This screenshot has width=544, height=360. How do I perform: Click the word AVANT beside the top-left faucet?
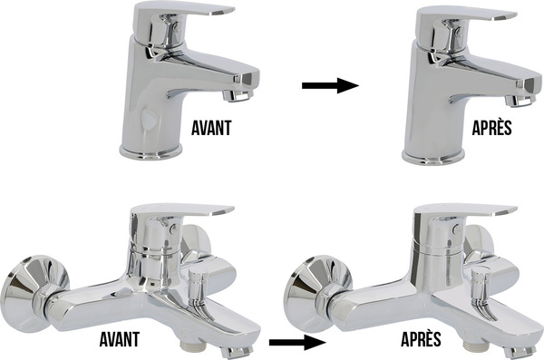211,128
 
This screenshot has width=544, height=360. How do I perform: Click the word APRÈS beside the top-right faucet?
492,128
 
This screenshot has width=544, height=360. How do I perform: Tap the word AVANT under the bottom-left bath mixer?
120,339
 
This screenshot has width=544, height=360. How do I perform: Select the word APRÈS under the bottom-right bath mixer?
421,338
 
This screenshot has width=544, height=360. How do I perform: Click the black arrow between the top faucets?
330,85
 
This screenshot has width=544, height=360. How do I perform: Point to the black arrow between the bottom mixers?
297,342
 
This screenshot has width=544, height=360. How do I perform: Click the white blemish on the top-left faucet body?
149,119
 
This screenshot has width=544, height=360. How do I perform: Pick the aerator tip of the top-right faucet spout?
520,101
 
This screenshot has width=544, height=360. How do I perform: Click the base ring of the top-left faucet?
151,151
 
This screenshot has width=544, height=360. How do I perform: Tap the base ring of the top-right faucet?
433,157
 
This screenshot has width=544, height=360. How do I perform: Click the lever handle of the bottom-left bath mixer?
181,210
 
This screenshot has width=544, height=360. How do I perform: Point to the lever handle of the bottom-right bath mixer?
465,211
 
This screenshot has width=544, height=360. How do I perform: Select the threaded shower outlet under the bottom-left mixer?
190,346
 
